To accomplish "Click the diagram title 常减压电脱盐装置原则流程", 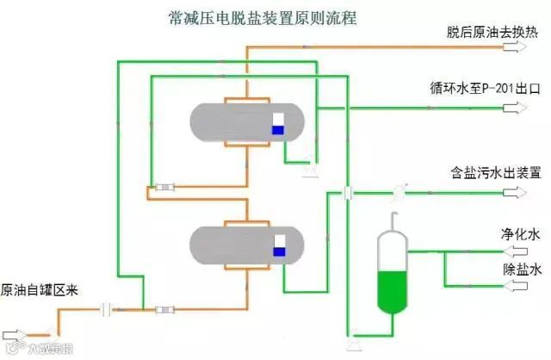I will [x=258, y=16].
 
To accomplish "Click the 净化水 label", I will [x=521, y=233].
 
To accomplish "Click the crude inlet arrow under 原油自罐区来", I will [x=17, y=333].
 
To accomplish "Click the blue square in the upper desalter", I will [x=278, y=130].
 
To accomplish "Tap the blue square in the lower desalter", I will [x=278, y=251].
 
